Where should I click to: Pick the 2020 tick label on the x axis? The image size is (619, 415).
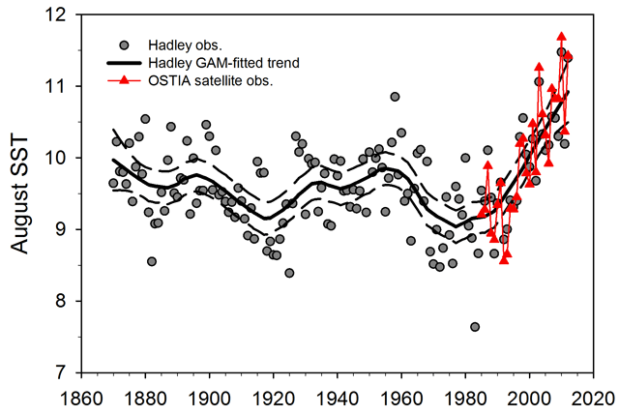coord(594,397)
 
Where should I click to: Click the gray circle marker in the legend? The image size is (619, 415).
coord(124,44)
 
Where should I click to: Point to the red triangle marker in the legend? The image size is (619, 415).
coord(124,79)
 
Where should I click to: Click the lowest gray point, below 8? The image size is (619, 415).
coord(475,327)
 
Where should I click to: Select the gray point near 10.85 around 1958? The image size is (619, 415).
coord(395,97)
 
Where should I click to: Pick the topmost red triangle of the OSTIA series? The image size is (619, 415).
coord(562,36)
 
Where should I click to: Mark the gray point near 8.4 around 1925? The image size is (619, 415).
coord(289,273)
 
